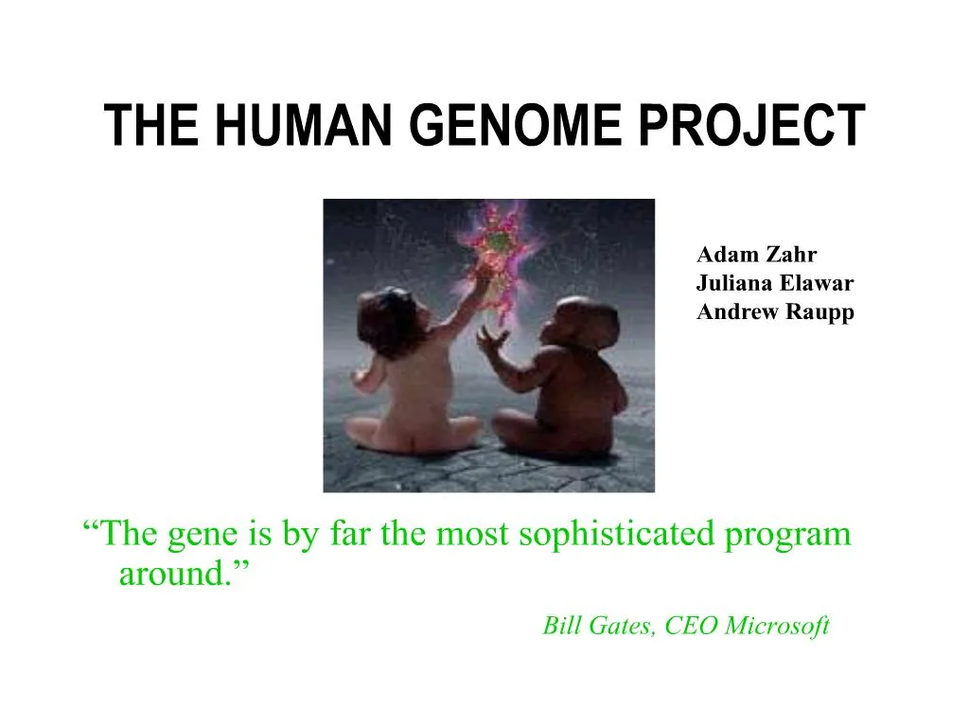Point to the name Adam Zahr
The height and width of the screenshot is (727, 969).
pyautogui.click(x=757, y=254)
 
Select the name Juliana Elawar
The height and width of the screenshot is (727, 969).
pyautogui.click(x=775, y=283)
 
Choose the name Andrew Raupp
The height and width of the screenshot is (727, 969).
pyautogui.click(x=775, y=312)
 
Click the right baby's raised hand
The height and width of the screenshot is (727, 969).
pyautogui.click(x=489, y=339)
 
